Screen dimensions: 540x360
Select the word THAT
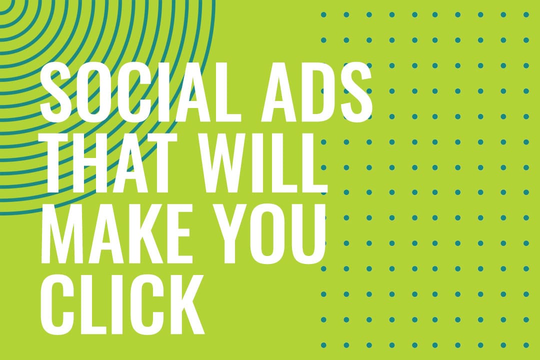tap(109, 163)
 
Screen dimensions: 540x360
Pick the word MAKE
tap(116, 234)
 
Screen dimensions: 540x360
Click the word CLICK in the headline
tap(122, 304)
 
